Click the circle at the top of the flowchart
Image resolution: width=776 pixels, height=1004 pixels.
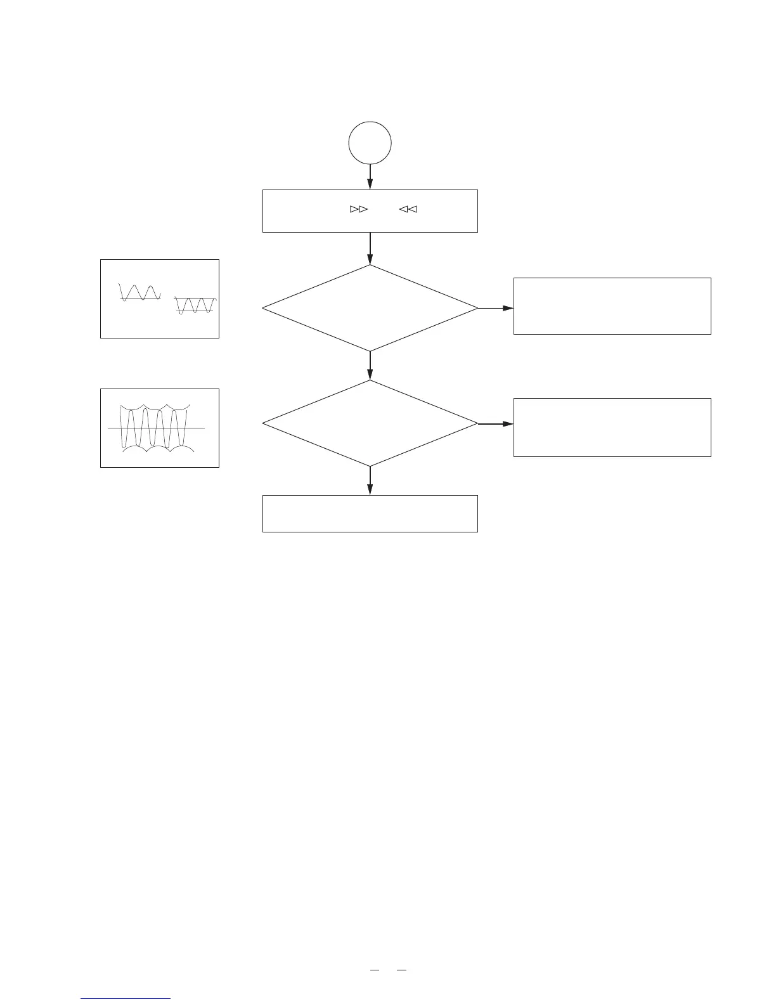(370, 143)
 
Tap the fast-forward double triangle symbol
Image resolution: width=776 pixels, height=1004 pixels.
(359, 209)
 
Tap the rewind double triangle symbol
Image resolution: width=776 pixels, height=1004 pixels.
(408, 209)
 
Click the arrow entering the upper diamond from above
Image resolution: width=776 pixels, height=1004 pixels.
(370, 248)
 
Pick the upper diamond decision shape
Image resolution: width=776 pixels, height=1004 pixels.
(370, 308)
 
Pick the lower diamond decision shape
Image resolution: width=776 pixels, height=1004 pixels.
(370, 423)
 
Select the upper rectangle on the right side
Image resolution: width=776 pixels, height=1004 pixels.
(612, 306)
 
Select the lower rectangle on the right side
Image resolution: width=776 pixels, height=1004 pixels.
(612, 427)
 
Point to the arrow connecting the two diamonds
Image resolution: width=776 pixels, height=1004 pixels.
(370, 366)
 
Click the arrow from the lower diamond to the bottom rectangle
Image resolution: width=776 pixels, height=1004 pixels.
(370, 481)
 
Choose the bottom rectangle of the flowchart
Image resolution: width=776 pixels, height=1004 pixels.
(370, 513)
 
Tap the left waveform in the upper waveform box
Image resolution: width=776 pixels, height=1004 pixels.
(140, 292)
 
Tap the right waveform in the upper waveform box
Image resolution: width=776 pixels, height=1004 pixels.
(195, 306)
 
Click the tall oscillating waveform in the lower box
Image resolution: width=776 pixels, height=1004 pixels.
(155, 427)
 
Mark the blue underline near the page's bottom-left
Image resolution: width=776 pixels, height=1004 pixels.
(126, 999)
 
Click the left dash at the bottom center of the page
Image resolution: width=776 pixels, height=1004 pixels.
(374, 970)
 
